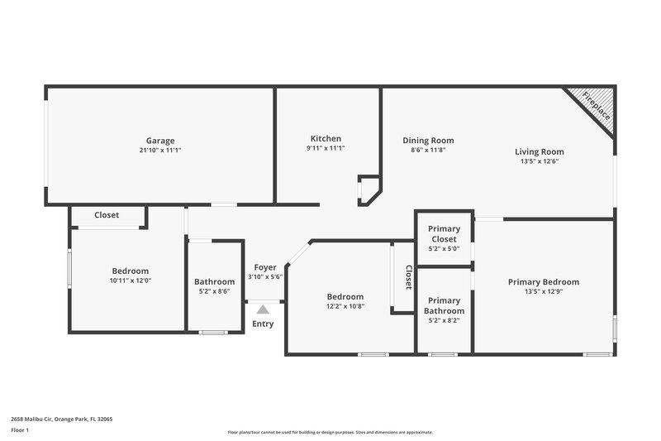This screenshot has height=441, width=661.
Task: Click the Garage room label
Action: click(x=160, y=141)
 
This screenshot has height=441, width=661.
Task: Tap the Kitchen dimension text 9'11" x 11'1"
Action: click(x=326, y=149)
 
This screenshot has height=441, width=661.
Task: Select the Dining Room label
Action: click(x=428, y=141)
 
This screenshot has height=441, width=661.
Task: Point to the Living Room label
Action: click(x=539, y=151)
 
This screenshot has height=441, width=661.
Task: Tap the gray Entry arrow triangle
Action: click(x=263, y=309)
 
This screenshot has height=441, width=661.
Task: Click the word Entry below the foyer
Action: click(x=263, y=324)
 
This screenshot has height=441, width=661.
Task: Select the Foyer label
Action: click(x=265, y=267)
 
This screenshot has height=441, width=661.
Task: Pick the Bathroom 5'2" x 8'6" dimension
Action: click(x=215, y=291)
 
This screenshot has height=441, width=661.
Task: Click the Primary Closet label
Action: click(x=445, y=234)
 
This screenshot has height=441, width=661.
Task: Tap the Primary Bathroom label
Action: click(x=445, y=305)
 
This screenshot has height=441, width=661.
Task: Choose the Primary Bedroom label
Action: click(x=544, y=282)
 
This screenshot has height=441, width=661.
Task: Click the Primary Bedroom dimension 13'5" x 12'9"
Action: click(x=544, y=291)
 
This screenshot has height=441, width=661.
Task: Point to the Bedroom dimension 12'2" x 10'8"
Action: click(x=345, y=306)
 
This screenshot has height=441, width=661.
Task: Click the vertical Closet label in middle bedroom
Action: click(x=408, y=277)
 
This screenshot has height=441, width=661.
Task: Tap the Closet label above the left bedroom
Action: click(x=107, y=215)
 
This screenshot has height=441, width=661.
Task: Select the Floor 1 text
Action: click(x=20, y=430)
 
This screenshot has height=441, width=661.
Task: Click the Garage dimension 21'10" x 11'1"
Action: click(x=160, y=150)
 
